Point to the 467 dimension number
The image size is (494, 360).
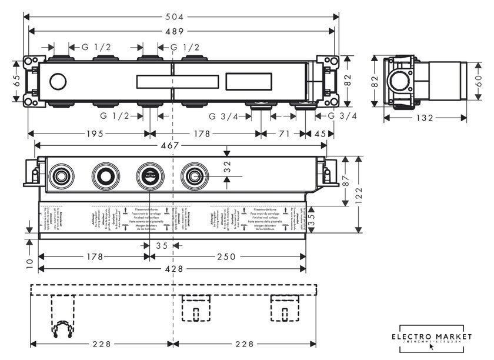pyautogui.click(x=171, y=145)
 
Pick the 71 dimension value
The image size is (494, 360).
pyautogui.click(x=284, y=134)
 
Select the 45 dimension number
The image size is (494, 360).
pyautogui.click(x=320, y=134)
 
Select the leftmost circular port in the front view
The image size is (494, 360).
pyautogui.click(x=59, y=175)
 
